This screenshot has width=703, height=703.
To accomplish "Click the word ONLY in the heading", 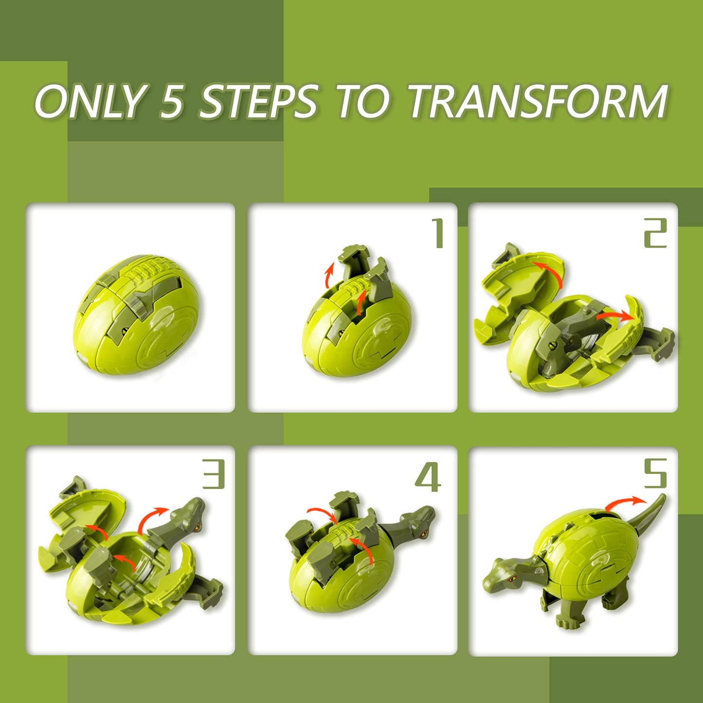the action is click(x=90, y=101).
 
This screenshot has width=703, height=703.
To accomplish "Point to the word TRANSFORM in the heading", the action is click(x=538, y=101).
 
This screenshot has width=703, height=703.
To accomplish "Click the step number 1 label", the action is click(x=438, y=234).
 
